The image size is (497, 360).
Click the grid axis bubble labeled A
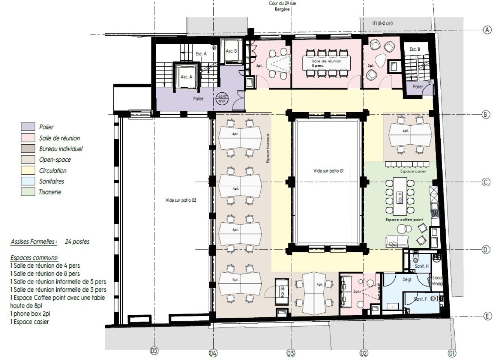486,29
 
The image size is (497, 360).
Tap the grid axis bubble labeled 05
154,351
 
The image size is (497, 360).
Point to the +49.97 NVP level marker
222,98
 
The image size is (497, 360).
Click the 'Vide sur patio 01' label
329,171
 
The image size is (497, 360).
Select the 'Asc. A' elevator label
187,77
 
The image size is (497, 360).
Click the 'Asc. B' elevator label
231,51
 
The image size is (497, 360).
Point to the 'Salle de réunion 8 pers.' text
327,63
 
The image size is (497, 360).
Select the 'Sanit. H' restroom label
421,266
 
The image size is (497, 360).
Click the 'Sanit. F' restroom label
421,299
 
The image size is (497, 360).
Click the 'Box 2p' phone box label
282,293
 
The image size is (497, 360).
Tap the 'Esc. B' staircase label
415,49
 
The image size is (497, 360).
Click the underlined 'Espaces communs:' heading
34,258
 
